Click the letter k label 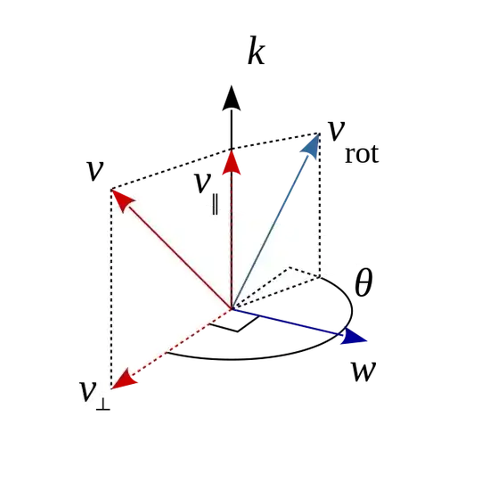[257, 51]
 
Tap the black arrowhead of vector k [232, 98]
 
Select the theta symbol [363, 282]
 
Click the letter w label [363, 371]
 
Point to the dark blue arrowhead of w [354, 336]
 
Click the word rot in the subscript [362, 154]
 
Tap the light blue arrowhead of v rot [311, 146]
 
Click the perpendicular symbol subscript [102, 405]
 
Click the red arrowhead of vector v [122, 200]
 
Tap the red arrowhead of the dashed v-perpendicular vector [123, 379]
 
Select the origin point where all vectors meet [232, 308]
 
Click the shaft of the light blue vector [270, 232]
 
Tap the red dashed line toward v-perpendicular [181, 341]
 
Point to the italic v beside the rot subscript [337, 131]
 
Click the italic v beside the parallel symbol [203, 183]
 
